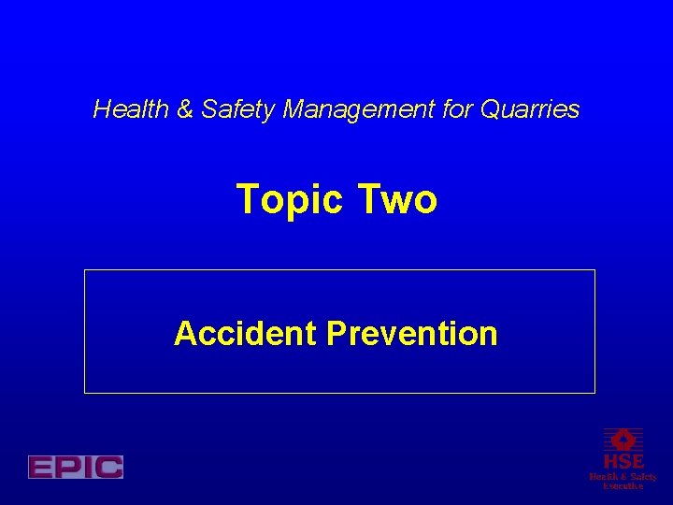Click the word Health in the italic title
pos(131,109)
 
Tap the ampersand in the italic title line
pos(184,109)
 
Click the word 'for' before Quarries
pos(458,109)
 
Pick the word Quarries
pos(530,110)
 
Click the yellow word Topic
pos(291,199)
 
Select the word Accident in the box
pos(245,333)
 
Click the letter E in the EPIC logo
pos(42,467)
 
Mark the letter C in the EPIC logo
pos(108,467)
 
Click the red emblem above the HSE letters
pos(623,439)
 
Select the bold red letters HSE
pos(623,461)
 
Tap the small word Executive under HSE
pos(623,485)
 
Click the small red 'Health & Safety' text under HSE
pos(623,476)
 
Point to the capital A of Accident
pos(185,333)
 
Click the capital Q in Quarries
pos(491,109)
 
